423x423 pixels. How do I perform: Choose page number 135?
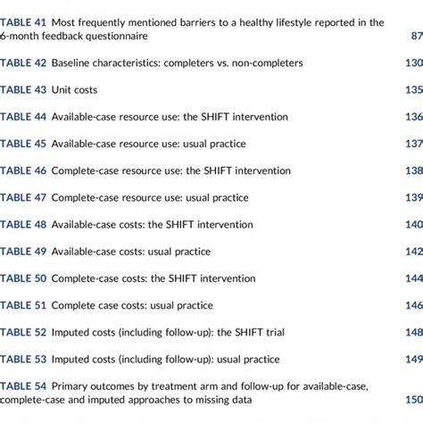click(412, 90)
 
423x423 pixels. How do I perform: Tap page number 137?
click(412, 144)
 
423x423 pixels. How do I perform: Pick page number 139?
click(412, 197)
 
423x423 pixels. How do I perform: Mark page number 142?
click(412, 251)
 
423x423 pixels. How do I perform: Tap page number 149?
click(412, 358)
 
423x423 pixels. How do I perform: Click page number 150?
click(412, 400)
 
